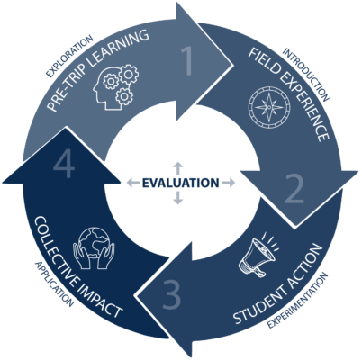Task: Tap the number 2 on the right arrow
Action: (x=294, y=189)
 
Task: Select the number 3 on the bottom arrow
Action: (x=172, y=294)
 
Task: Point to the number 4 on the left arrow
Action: (x=64, y=165)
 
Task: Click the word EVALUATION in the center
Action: (x=180, y=183)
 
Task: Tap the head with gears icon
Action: (x=115, y=87)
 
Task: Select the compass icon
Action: (x=269, y=107)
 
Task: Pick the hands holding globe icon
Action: (x=94, y=247)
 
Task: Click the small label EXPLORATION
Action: (x=69, y=56)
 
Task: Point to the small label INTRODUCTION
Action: (x=306, y=75)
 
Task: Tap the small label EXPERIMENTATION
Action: (x=297, y=301)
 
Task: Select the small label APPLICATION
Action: (x=54, y=283)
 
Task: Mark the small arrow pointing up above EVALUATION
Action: (x=178, y=168)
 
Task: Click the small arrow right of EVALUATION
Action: (x=228, y=183)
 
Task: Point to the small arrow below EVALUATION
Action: (x=178, y=198)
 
